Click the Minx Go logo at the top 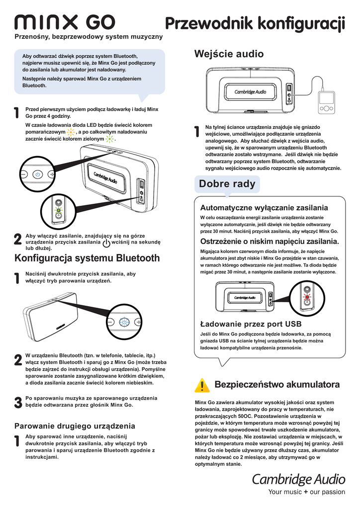pyautogui.click(x=65, y=22)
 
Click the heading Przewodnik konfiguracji pyautogui.click(x=255, y=23)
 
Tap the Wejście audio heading pyautogui.click(x=229, y=54)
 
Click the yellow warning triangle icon pyautogui.click(x=202, y=385)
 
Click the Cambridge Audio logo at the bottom pyautogui.click(x=298, y=479)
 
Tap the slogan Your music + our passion pyautogui.click(x=306, y=492)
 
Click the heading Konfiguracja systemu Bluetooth pyautogui.click(x=88, y=258)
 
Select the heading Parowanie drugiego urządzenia pyautogui.click(x=75, y=426)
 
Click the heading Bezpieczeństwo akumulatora pyautogui.click(x=277, y=385)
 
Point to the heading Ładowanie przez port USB pyautogui.click(x=244, y=324)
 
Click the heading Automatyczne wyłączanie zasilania pyautogui.click(x=264, y=207)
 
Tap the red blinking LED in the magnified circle pyautogui.click(x=307, y=298)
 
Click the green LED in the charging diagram pyautogui.click(x=58, y=211)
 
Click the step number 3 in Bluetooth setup pyautogui.click(x=18, y=403)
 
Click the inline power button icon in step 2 pyautogui.click(x=106, y=243)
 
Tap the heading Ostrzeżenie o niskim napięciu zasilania pyautogui.click(x=269, y=242)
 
